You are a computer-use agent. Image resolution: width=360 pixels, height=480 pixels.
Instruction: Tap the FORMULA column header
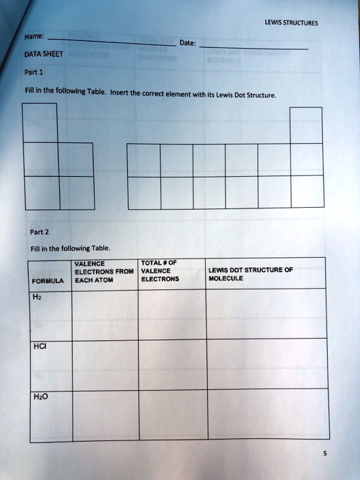coord(47,280)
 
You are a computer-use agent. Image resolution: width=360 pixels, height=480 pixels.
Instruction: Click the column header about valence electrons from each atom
coord(104,272)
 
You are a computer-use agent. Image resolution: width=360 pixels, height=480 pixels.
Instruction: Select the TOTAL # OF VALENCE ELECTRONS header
coord(160,271)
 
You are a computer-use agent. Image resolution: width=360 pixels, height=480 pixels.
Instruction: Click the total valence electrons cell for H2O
coord(172,413)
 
